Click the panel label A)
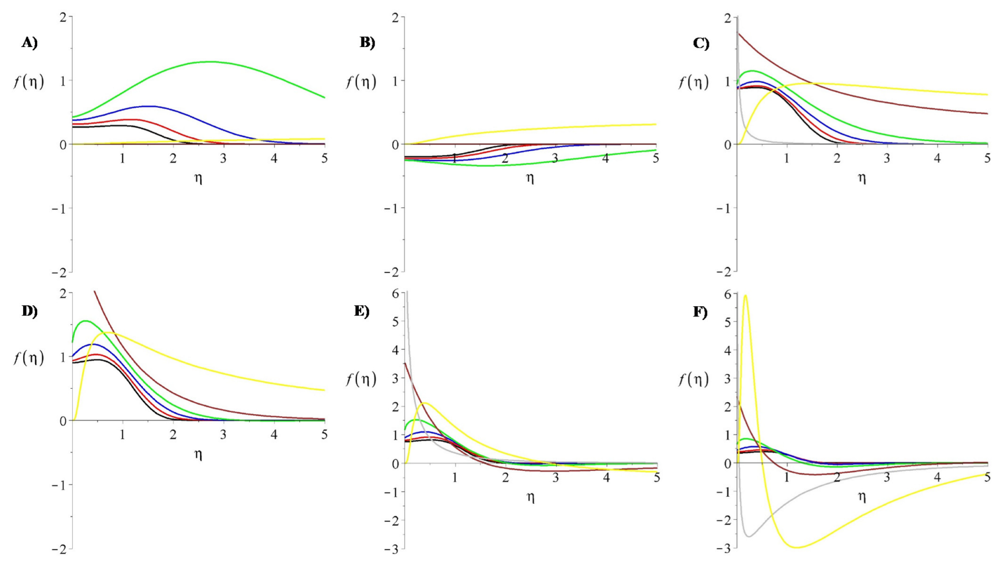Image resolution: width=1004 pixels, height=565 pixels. (29, 43)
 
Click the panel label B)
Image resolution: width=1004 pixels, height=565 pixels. (367, 43)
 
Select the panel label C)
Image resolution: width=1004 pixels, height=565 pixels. (701, 43)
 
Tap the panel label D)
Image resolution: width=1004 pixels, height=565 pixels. (29, 311)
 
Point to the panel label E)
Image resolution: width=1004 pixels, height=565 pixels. (362, 311)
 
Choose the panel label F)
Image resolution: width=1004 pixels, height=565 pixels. (700, 312)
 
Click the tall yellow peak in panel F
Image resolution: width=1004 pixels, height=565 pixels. (745, 295)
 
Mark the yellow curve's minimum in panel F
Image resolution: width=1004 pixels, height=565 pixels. (797, 547)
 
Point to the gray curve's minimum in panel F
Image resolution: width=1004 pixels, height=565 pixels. (749, 537)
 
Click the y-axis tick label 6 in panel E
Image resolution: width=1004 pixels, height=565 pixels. (396, 294)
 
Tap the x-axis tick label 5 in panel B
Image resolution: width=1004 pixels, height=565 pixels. (656, 158)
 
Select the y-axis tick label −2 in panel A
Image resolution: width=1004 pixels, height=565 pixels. (59, 272)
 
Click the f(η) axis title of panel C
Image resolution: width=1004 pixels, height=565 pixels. (693, 82)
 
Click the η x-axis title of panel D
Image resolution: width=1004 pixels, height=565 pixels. (198, 454)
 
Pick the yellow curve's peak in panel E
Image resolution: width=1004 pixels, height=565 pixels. (425, 403)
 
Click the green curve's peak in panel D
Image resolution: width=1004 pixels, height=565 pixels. (86, 321)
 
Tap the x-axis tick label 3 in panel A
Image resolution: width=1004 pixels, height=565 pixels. (223, 158)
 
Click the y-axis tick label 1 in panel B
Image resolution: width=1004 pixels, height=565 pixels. (395, 80)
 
